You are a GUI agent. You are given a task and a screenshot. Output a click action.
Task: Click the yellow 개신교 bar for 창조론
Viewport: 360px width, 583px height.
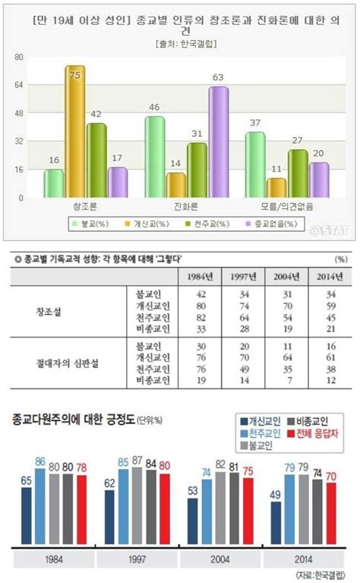(x=74, y=131)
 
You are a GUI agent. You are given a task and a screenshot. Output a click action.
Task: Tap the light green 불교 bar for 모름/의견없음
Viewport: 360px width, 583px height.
(x=255, y=165)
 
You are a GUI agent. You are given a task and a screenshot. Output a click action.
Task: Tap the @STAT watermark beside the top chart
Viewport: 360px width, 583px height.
(x=333, y=226)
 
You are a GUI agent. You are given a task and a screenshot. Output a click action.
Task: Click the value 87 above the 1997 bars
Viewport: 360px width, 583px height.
(x=137, y=461)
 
